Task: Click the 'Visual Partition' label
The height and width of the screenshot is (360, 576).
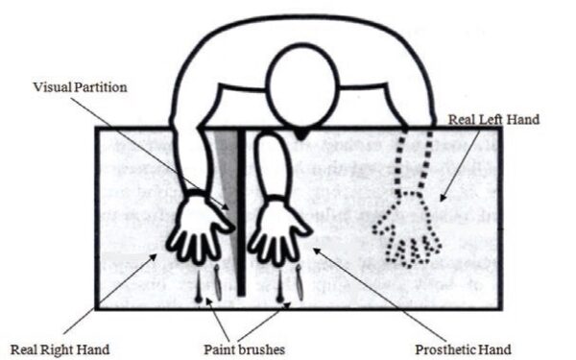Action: [x=81, y=87]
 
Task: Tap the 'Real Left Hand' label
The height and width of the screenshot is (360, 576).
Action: [x=494, y=120]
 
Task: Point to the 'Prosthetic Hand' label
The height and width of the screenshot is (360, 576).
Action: [x=463, y=347]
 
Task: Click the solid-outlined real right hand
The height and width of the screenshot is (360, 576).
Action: [x=199, y=228]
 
